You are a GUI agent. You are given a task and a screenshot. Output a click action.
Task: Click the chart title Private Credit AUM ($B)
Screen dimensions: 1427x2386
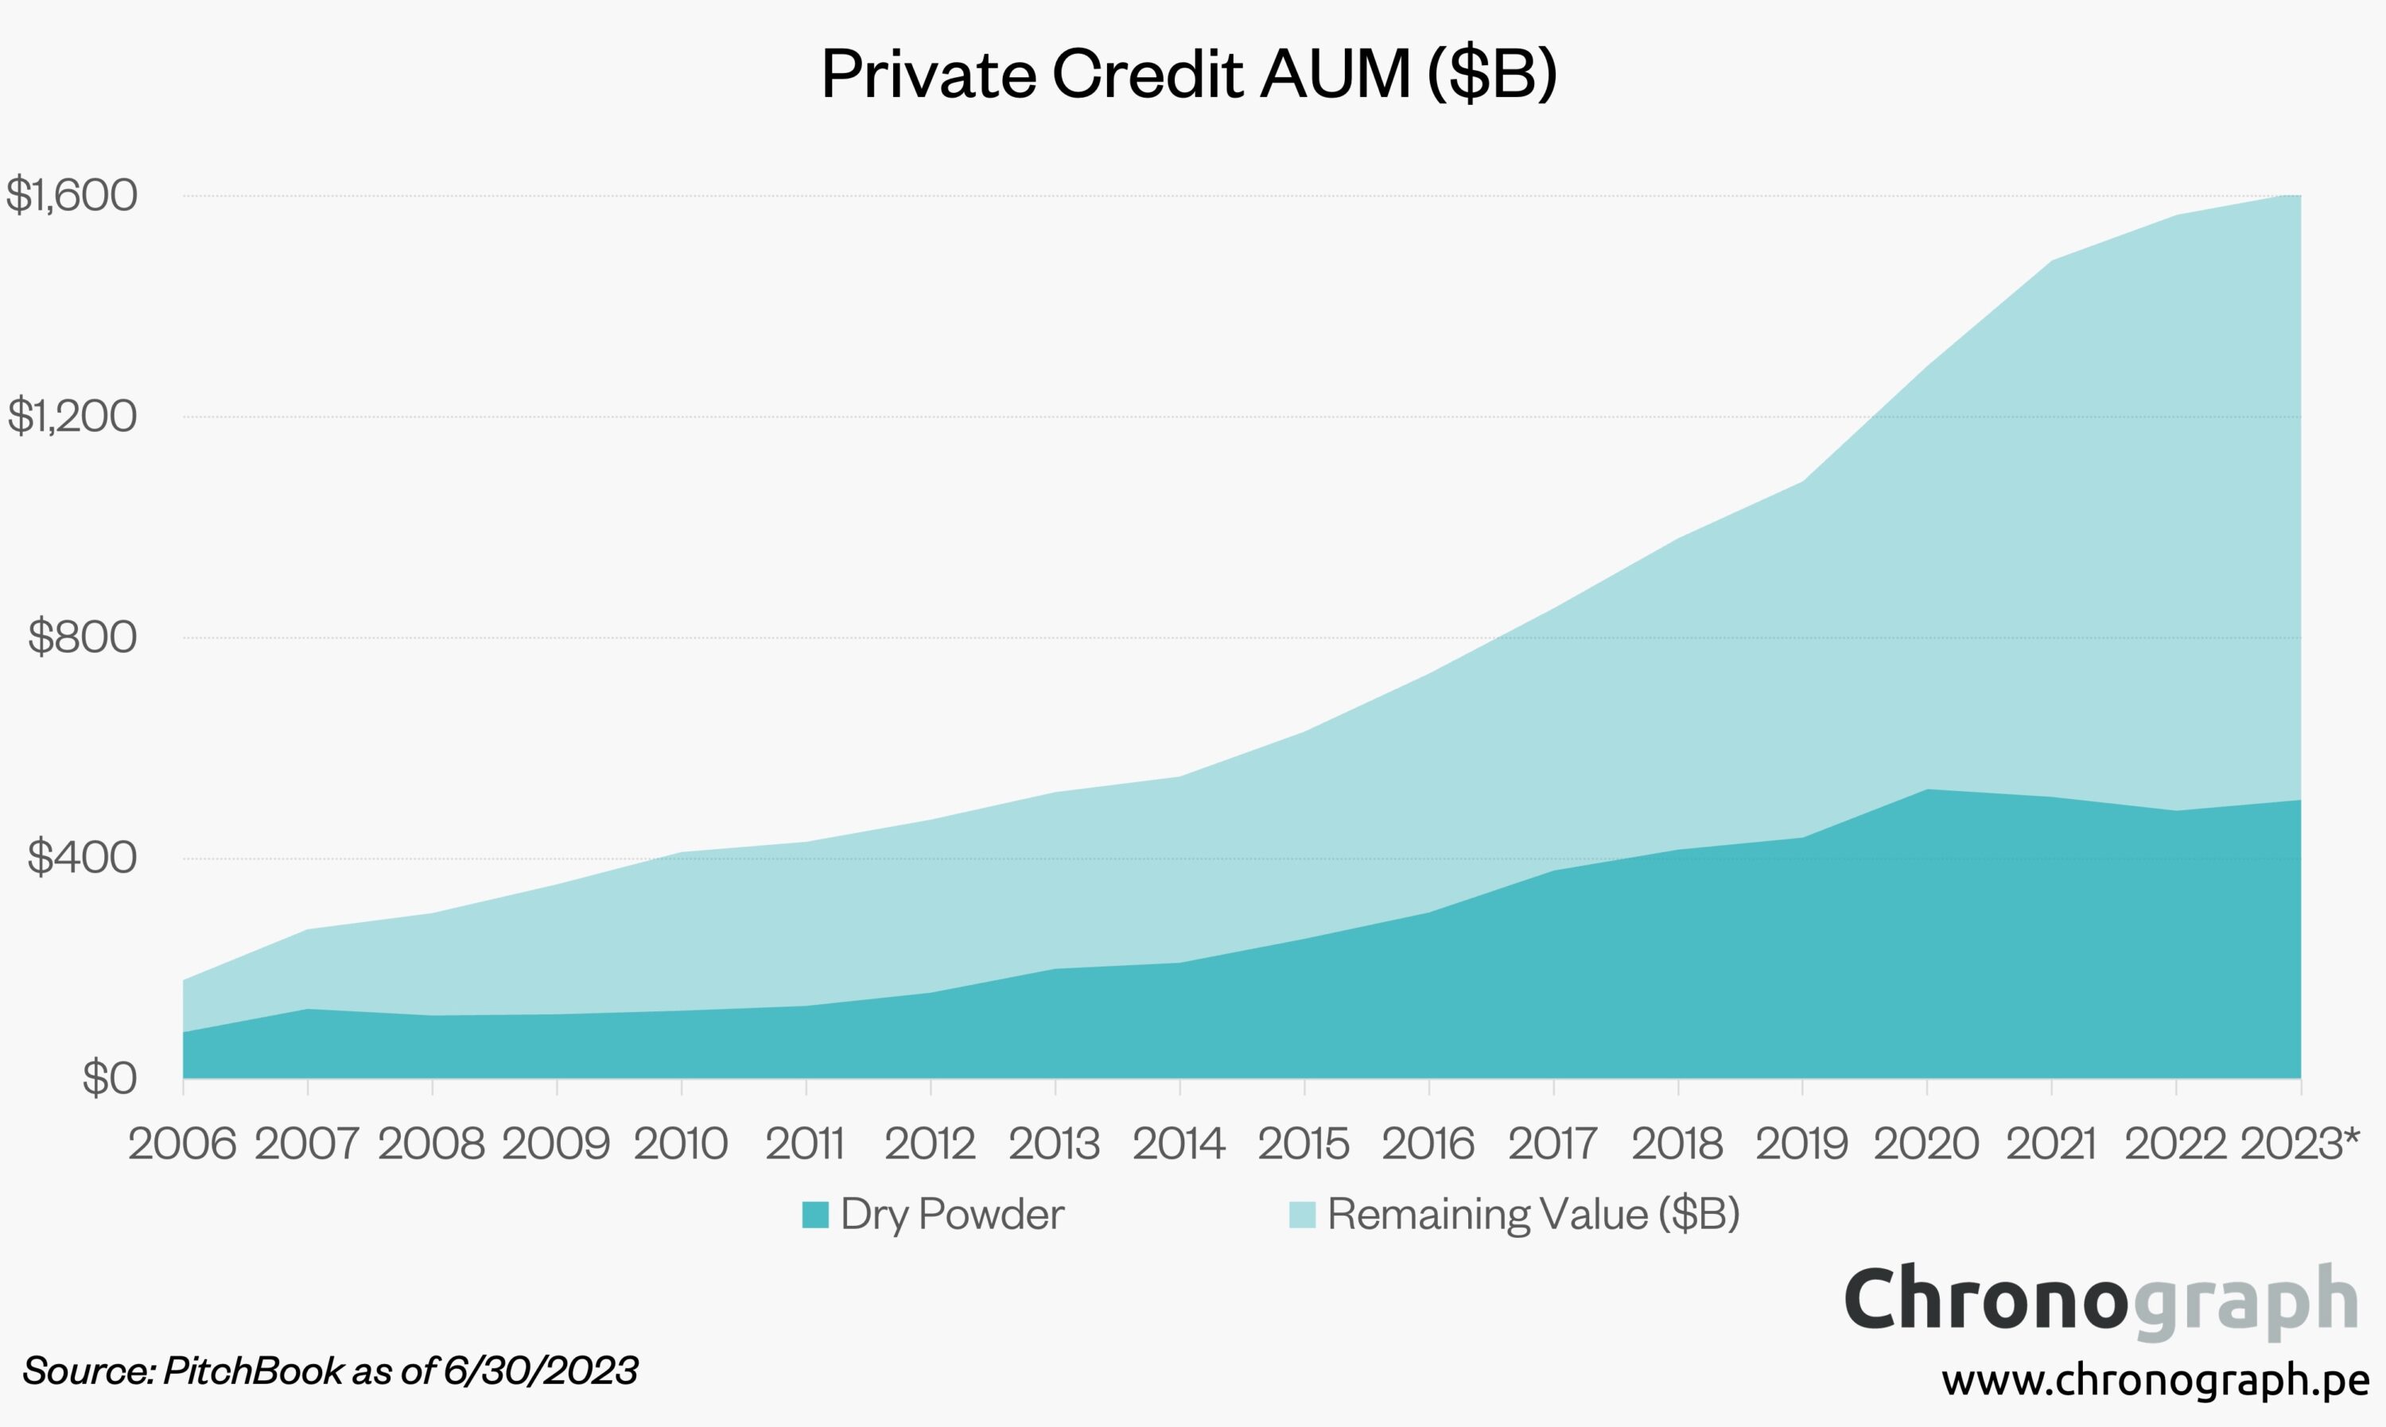[x=1189, y=74]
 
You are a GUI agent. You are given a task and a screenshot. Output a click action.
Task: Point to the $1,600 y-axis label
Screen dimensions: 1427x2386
[x=72, y=196]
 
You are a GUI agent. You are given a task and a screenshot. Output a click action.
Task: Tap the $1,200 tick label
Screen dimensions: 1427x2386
[x=72, y=417]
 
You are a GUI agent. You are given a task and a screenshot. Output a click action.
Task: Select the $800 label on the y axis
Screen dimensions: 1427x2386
[x=83, y=637]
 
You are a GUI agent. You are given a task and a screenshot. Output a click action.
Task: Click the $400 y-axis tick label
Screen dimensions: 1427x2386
[x=83, y=858]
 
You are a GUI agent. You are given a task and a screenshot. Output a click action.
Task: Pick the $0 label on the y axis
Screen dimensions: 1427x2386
[x=110, y=1078]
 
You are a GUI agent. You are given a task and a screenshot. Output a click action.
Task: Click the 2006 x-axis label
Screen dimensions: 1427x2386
[x=182, y=1144]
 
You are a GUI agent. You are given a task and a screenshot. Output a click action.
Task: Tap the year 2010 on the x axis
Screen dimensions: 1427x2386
[x=681, y=1144]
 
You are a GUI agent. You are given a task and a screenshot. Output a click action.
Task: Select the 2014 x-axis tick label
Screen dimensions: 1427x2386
[x=1179, y=1144]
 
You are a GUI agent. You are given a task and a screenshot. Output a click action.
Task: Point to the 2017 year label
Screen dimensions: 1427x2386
[x=1552, y=1144]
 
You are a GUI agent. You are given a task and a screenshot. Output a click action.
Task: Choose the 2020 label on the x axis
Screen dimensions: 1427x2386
[x=1926, y=1144]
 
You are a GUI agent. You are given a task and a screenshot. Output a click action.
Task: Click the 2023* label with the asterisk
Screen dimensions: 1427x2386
[x=2299, y=1144]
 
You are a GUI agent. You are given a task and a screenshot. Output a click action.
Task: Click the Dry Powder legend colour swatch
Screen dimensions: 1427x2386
[x=814, y=1215]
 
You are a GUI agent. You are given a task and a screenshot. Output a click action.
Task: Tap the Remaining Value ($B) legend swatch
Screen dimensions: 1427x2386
[x=1301, y=1215]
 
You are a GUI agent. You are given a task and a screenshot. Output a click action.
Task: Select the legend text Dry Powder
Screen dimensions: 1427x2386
[x=952, y=1215]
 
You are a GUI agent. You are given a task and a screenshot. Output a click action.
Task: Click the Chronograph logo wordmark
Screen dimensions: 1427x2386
[x=2100, y=1300]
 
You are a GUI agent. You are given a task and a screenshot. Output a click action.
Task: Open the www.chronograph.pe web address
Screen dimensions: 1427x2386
[x=2155, y=1380]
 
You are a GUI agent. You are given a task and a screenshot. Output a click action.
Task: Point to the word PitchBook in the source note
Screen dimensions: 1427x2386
[x=253, y=1371]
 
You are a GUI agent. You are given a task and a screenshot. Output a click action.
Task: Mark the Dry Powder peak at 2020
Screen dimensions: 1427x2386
[x=1927, y=790]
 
